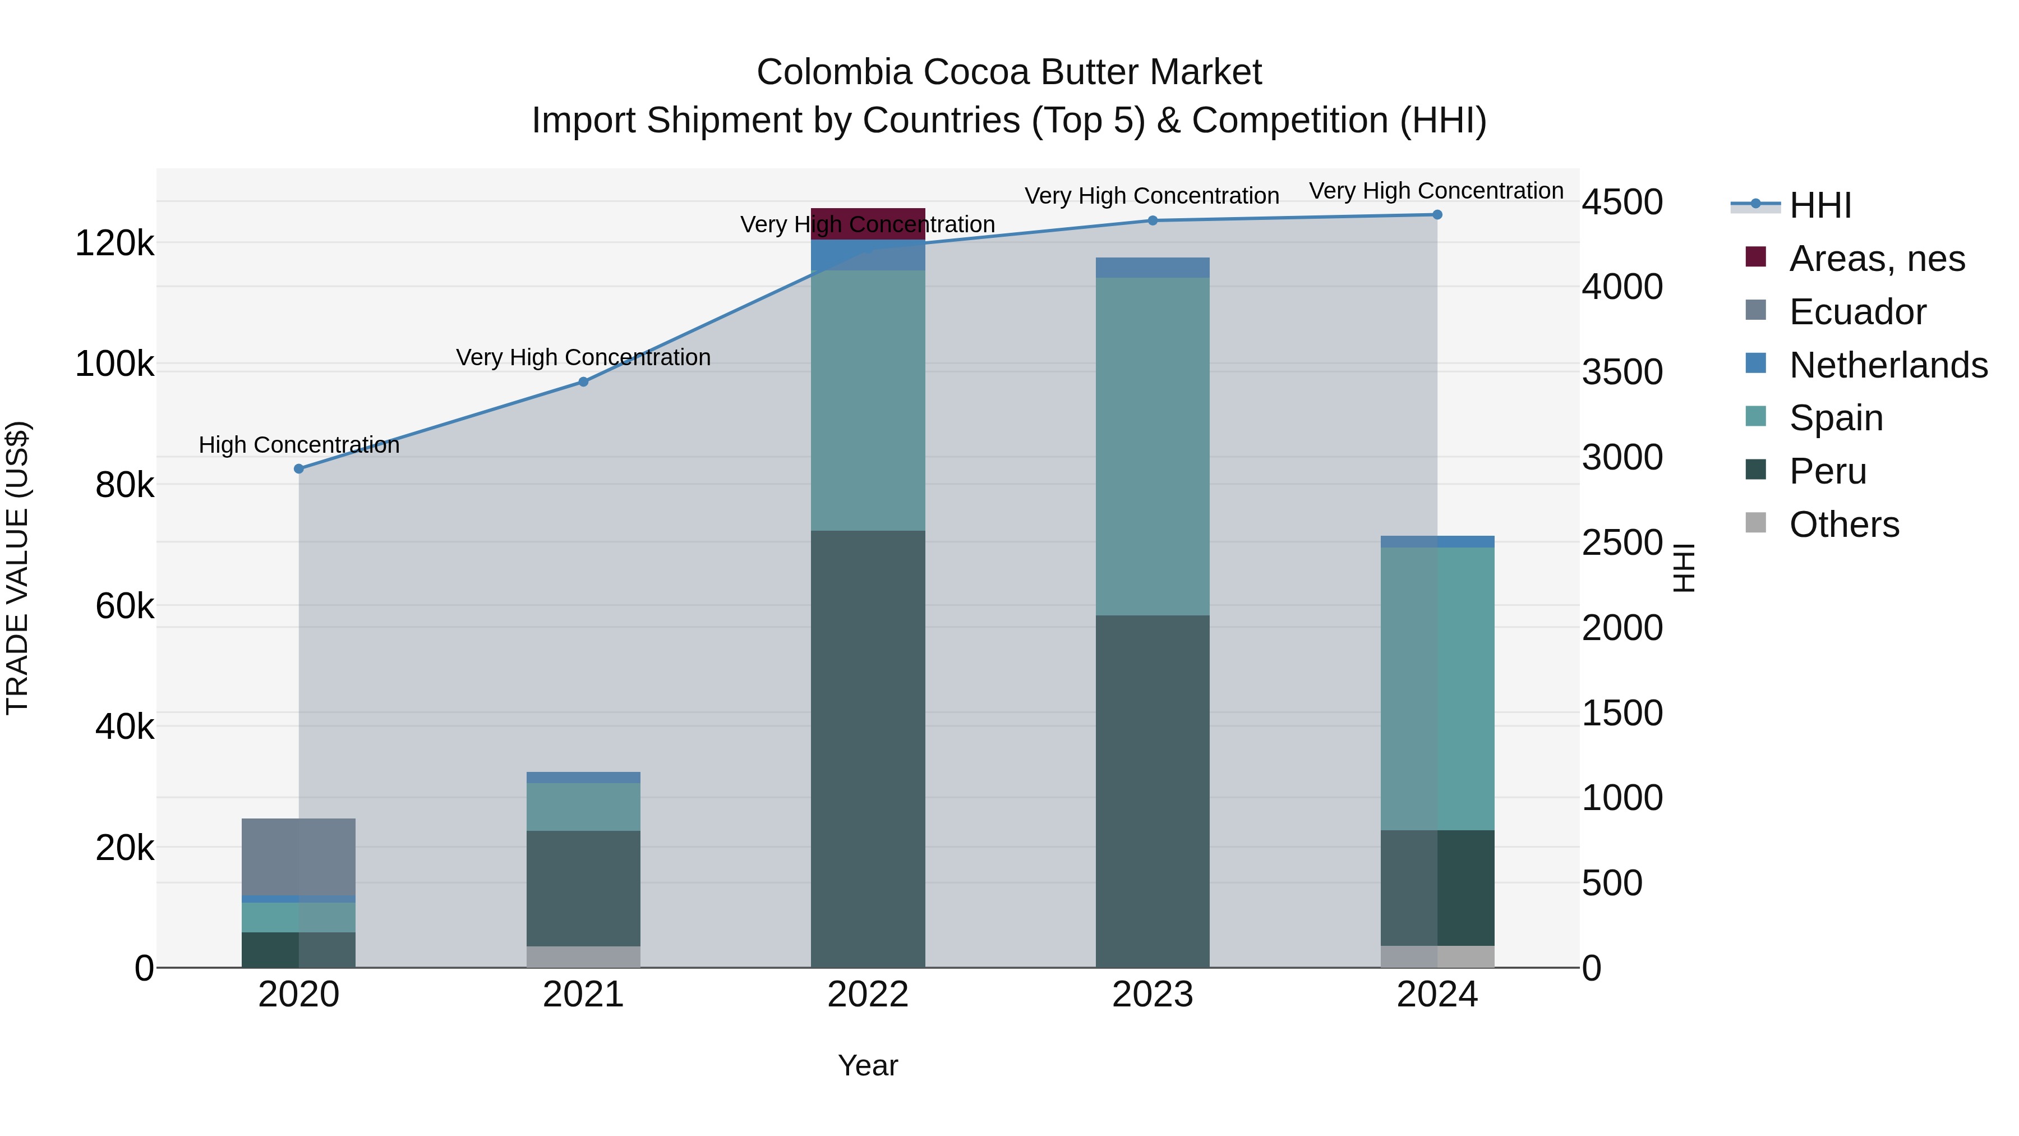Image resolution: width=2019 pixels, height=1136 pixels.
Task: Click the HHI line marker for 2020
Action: (298, 469)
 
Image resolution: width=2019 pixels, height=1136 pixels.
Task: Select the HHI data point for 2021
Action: (583, 382)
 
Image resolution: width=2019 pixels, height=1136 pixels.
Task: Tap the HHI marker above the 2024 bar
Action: (1437, 215)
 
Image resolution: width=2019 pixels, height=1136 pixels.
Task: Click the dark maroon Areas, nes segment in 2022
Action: (868, 223)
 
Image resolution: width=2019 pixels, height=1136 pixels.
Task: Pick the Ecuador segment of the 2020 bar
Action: (298, 857)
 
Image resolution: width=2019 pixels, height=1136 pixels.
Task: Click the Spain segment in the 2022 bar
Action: (868, 400)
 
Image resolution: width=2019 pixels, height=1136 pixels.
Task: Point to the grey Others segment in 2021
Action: (583, 956)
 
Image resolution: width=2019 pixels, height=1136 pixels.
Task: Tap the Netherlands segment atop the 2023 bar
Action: (1152, 268)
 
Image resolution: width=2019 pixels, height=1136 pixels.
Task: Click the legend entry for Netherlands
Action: (1888, 365)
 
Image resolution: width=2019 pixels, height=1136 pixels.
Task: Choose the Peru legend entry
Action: (1827, 471)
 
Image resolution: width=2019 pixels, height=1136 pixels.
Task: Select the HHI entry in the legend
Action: (1820, 205)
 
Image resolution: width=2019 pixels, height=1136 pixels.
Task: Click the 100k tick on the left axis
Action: (114, 365)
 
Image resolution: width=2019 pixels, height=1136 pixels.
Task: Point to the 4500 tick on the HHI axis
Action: (1621, 203)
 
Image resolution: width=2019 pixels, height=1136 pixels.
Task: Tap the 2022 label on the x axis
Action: (868, 995)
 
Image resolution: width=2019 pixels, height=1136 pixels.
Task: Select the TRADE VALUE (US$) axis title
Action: (17, 568)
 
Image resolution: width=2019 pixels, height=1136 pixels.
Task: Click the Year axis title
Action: (868, 1065)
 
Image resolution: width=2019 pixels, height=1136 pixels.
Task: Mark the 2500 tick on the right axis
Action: (1621, 542)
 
